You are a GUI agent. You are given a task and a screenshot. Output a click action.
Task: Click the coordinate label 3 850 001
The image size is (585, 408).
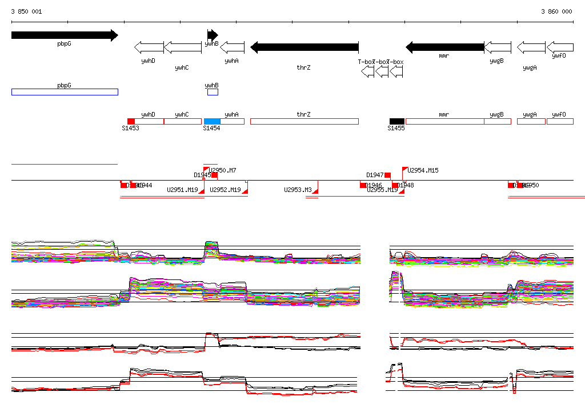26,11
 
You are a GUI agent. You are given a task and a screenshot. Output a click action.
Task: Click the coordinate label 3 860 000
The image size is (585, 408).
556,11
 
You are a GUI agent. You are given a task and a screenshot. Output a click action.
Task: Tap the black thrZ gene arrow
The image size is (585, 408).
304,47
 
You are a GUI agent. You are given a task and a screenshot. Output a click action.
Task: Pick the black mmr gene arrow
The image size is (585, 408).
444,47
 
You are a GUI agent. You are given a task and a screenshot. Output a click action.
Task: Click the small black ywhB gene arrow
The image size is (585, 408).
213,34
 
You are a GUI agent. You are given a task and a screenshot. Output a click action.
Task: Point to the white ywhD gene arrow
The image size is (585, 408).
149,47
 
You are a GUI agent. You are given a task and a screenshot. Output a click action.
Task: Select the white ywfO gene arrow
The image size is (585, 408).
560,47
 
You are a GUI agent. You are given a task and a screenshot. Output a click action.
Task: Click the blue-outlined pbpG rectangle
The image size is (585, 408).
64,92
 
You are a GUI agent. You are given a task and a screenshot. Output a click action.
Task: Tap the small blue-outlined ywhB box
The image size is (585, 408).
213,92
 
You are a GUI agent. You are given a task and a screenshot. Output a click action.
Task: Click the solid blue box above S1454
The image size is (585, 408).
212,121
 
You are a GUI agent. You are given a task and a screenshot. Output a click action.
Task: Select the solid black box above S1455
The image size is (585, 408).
396,121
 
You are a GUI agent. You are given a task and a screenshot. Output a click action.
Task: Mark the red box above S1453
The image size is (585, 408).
131,121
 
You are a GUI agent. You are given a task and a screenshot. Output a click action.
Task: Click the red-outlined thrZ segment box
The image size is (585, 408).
304,121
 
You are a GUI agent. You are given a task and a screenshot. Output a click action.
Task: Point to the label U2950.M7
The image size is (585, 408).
223,170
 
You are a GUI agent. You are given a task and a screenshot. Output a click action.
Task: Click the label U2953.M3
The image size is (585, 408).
298,190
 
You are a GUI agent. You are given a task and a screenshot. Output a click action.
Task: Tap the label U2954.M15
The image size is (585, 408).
423,170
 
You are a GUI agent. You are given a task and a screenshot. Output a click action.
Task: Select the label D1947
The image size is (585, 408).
375,175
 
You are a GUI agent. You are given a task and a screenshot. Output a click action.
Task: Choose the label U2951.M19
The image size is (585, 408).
182,190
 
